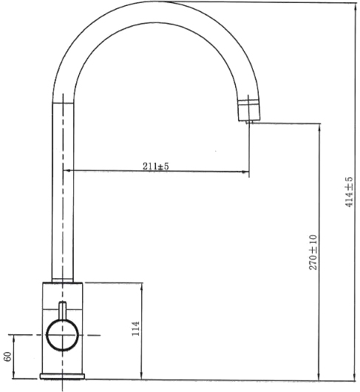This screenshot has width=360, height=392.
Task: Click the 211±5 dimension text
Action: click(x=156, y=166)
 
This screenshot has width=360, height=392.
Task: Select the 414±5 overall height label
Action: click(x=349, y=192)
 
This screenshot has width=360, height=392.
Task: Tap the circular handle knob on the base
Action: click(x=62, y=336)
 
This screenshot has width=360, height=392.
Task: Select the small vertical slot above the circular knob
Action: click(x=62, y=311)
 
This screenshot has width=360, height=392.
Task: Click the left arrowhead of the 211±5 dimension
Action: click(x=74, y=172)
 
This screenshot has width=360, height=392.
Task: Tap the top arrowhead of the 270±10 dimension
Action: click(x=318, y=126)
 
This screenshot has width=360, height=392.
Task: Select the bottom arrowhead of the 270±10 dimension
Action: click(x=318, y=377)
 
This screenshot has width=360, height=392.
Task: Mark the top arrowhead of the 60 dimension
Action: click(x=14, y=339)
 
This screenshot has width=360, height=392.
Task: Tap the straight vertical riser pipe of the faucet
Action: click(x=63, y=192)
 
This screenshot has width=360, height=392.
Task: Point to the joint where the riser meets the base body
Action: click(x=63, y=282)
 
